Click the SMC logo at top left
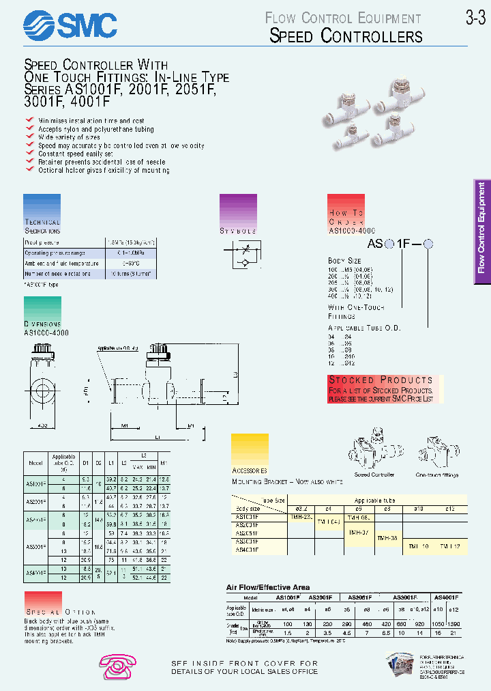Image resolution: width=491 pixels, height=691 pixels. pos(70,27)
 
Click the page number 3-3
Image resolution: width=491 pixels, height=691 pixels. pos(475,18)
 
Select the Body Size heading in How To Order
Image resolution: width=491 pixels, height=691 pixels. pos(344,261)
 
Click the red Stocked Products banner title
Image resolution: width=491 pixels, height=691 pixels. pos(381,380)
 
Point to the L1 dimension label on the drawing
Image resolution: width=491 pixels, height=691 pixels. pos(156,436)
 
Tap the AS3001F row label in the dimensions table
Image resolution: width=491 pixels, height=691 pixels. pos(36,546)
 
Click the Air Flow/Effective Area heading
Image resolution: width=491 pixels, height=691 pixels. pos(267,587)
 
